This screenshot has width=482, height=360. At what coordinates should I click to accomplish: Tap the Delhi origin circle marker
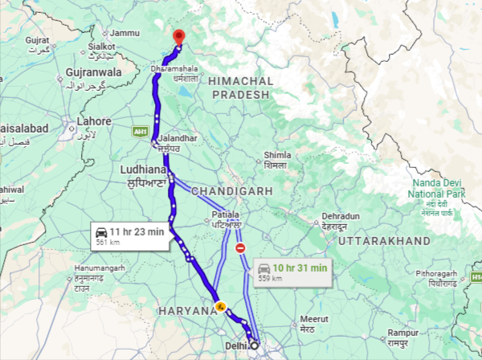click(x=255, y=346)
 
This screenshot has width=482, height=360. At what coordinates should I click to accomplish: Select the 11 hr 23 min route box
click(x=129, y=236)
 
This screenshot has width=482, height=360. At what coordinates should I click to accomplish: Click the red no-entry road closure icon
click(x=240, y=249)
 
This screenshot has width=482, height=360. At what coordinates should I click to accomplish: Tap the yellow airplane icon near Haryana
click(x=219, y=305)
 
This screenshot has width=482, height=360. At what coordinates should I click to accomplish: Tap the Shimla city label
click(x=276, y=155)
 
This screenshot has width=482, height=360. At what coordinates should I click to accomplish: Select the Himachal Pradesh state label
click(x=239, y=88)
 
